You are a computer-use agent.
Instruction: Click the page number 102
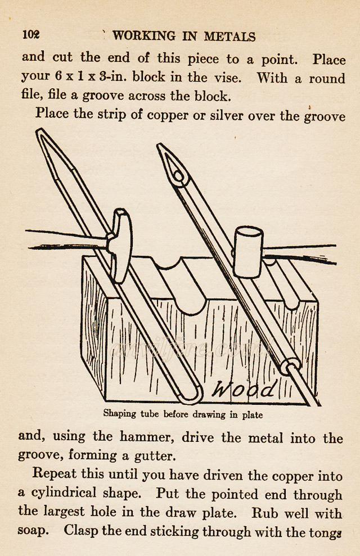pos(31,34)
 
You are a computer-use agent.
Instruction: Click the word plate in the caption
pos(252,415)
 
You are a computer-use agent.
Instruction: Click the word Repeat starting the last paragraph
pos(54,475)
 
